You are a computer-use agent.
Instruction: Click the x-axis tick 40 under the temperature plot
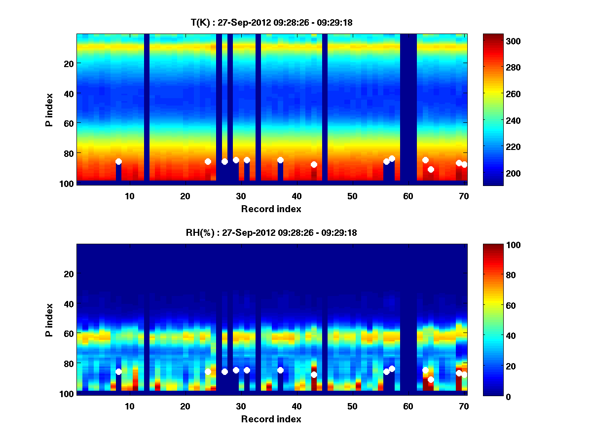coord(297,196)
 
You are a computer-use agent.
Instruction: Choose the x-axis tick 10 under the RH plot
coord(130,406)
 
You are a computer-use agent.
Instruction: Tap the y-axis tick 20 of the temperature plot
coord(69,63)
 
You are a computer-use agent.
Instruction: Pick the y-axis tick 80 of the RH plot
coord(69,364)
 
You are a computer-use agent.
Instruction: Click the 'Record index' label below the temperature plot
coord(271,209)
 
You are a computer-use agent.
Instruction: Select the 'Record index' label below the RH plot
coord(271,419)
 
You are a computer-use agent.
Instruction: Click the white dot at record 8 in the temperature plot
coord(118,162)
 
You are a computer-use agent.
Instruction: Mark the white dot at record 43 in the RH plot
coord(314,374)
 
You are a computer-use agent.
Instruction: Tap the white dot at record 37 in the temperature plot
coord(280,160)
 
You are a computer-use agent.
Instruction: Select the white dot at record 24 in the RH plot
coord(208,371)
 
